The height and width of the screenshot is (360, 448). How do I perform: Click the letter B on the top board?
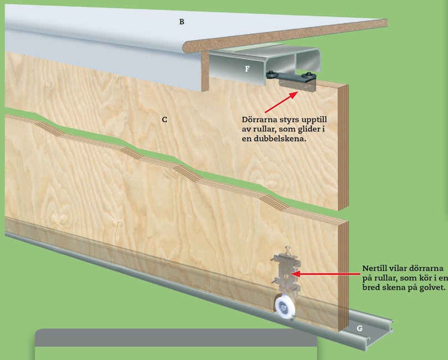click(x=182, y=22)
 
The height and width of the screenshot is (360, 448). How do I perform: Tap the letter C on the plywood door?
click(x=164, y=120)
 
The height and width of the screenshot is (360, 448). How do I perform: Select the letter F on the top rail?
click(x=247, y=69)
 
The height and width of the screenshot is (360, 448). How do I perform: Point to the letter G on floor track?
click(x=360, y=328)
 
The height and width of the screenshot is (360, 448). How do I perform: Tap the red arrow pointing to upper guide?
click(x=281, y=102)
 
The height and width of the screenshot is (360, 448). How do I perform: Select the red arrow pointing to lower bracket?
click(x=326, y=274)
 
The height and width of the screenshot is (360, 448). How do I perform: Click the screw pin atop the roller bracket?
click(x=288, y=250)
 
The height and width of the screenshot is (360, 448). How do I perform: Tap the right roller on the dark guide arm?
click(x=308, y=75)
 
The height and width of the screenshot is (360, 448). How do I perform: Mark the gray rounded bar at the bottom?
click(x=176, y=337)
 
